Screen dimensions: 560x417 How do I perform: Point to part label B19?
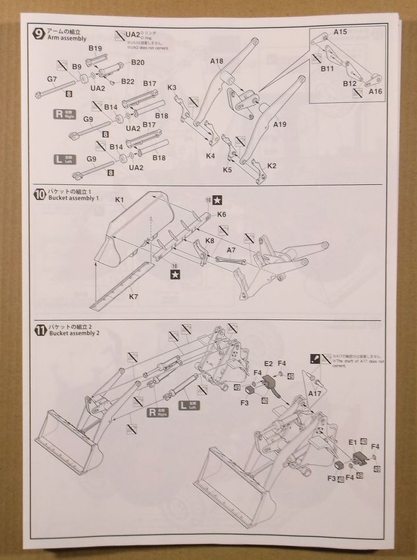(94, 49)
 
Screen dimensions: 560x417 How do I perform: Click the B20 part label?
(138, 63)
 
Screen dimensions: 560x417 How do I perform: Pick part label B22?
(128, 82)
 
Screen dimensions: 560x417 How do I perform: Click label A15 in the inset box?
(340, 32)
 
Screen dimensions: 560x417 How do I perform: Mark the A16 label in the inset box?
(375, 91)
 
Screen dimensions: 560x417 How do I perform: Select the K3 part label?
(172, 88)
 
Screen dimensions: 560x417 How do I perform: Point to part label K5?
(227, 170)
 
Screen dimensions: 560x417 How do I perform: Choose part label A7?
(231, 250)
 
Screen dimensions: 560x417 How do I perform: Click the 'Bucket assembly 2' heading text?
(74, 333)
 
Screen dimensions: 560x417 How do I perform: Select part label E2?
(268, 363)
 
